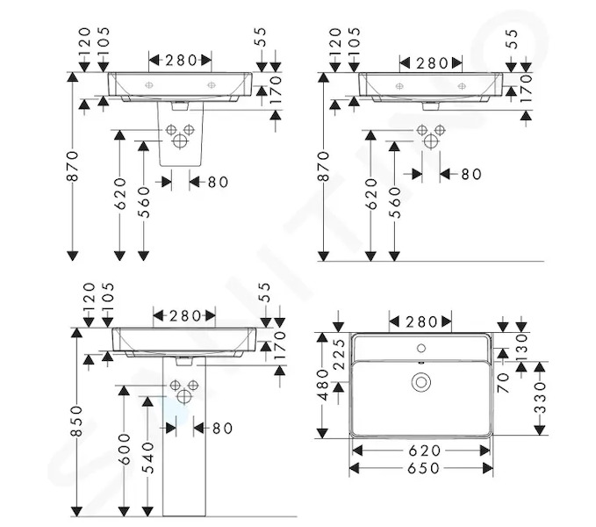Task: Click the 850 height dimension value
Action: coord(76,422)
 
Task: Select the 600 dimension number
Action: coord(125,449)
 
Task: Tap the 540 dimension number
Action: coord(148,458)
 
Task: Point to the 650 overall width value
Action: coord(423,468)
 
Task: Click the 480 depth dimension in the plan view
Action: coord(323,385)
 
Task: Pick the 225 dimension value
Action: coord(339,354)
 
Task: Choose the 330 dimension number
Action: coord(540,398)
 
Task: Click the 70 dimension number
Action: coord(503,382)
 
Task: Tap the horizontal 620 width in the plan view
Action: coord(424,451)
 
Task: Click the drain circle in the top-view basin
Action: coord(421,382)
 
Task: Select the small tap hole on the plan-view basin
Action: coord(421,348)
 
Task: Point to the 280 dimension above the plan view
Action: coord(421,322)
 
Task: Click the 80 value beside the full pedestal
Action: coord(222,429)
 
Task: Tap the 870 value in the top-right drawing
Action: coord(323,166)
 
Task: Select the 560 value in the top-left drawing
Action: coord(144,202)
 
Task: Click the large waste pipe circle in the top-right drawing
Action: coord(431,141)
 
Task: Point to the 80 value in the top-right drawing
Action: coord(471,175)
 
